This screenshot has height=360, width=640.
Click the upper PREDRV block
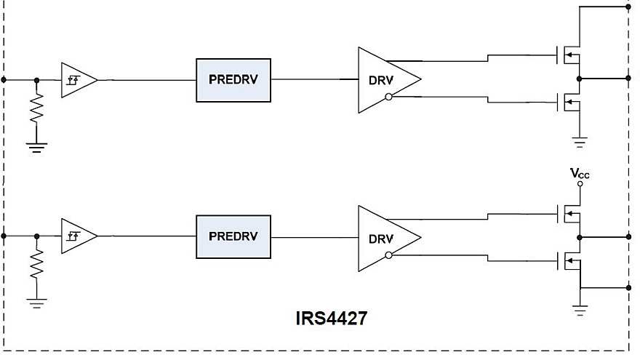[233, 80]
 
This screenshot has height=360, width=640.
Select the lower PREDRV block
[233, 237]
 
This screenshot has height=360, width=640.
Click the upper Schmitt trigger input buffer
[77, 79]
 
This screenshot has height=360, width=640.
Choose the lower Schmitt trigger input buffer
[77, 236]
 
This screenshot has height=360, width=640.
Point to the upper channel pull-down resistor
[36, 110]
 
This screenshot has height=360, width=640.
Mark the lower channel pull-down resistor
[36, 267]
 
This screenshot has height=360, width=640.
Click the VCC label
[580, 173]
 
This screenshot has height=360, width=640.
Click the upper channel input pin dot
[5, 79]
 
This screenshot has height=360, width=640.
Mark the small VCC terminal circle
[580, 184]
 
